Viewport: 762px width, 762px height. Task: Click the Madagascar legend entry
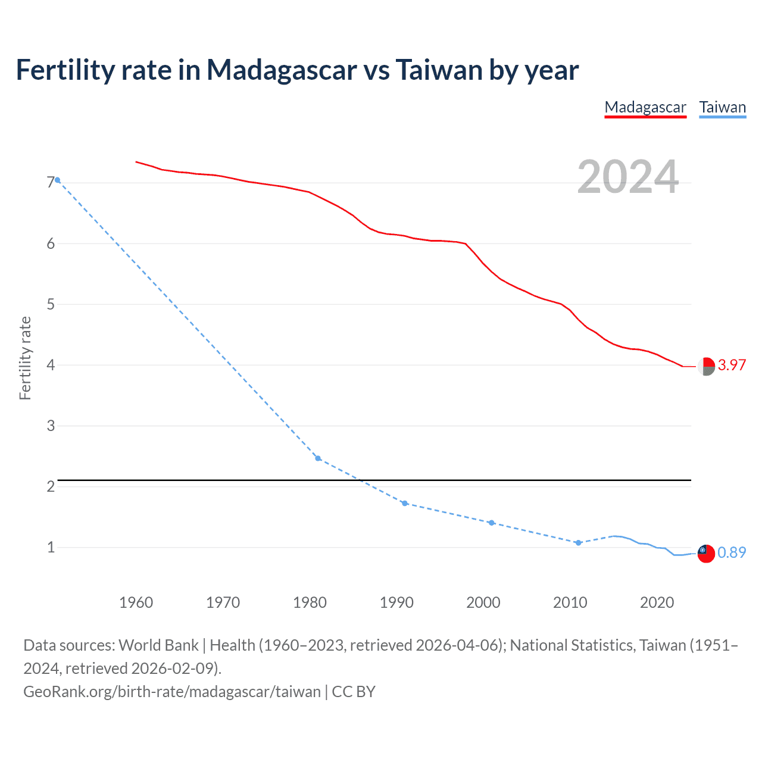[x=645, y=108]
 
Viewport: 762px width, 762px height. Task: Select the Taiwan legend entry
[x=722, y=108]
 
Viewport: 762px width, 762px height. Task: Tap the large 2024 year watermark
[x=627, y=177]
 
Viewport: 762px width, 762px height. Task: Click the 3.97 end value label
[x=732, y=366]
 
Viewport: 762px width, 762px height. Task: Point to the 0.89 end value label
[x=732, y=553]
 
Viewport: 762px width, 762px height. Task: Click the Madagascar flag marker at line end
[x=706, y=367]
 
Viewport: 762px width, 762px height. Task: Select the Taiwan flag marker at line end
[x=706, y=553]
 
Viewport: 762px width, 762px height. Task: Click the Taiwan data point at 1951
[x=57, y=180]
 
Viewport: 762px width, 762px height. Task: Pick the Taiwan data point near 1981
[x=318, y=458]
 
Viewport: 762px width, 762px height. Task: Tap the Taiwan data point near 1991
[x=405, y=504]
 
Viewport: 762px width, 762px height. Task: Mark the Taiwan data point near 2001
[x=492, y=523]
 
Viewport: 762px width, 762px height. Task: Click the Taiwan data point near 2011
[x=578, y=543]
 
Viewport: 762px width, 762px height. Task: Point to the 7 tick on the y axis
[x=51, y=183]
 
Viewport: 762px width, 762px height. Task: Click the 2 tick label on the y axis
[x=51, y=486]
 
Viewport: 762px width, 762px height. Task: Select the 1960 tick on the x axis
[x=136, y=602]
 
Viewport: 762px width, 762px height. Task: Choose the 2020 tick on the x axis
[x=657, y=602]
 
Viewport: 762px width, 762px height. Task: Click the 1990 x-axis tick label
[x=396, y=602]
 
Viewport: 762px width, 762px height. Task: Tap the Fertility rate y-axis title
[x=25, y=358]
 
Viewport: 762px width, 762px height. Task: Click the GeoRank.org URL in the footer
[x=172, y=692]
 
